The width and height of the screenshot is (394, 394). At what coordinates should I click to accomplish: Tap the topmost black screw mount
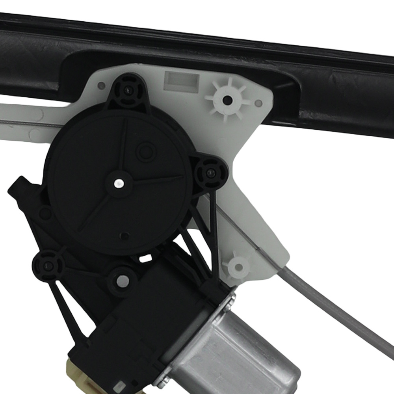pyautogui.click(x=128, y=91)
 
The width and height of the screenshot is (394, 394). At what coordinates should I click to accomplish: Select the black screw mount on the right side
pyautogui.click(x=211, y=172)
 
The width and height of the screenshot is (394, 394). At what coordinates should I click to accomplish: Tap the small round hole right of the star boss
pyautogui.click(x=258, y=103)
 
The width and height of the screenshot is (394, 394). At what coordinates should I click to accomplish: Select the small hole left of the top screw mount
pyautogui.click(x=102, y=85)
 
